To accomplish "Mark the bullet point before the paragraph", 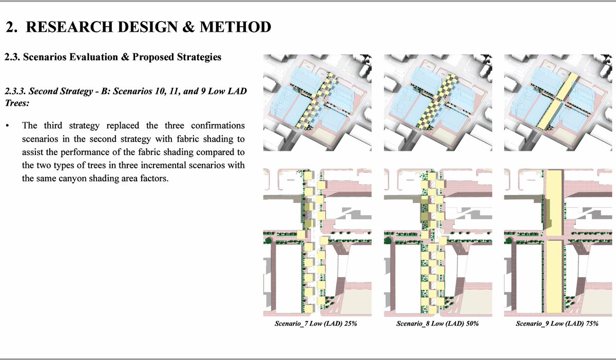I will click(x=7, y=126).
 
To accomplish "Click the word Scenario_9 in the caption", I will click(x=533, y=324).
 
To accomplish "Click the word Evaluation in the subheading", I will click(x=87, y=57).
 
